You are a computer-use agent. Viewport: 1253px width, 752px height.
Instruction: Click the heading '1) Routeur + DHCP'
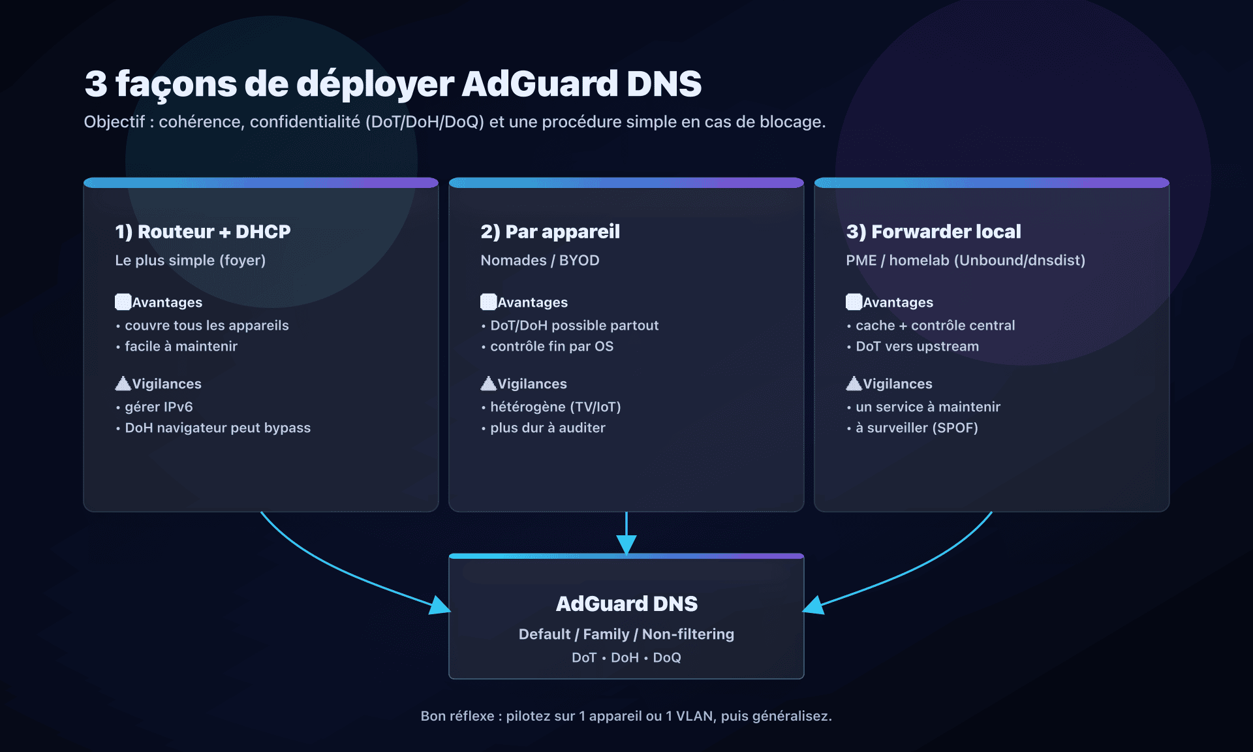click(202, 232)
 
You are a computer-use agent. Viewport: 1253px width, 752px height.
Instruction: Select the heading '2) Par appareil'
click(549, 232)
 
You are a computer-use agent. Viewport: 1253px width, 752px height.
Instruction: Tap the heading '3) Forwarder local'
click(933, 232)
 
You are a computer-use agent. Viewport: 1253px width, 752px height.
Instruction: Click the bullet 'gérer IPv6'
click(159, 407)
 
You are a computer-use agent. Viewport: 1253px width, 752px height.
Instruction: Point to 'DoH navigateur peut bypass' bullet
click(217, 428)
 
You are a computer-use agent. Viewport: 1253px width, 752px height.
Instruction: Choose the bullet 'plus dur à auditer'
click(548, 428)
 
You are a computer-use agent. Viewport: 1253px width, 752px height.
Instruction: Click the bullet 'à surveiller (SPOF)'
click(916, 428)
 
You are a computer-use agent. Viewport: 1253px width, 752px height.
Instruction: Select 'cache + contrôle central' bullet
click(935, 325)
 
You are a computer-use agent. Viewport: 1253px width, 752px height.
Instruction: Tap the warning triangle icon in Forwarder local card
click(854, 383)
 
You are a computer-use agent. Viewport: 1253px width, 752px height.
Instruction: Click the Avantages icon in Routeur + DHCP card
click(123, 302)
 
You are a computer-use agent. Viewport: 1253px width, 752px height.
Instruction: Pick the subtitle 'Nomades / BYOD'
click(540, 260)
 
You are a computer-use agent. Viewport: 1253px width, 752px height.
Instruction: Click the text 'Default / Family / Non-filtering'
click(626, 634)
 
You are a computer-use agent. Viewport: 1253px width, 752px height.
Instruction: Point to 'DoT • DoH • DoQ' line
click(626, 657)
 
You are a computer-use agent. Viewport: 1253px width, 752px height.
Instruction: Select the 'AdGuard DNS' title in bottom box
click(626, 604)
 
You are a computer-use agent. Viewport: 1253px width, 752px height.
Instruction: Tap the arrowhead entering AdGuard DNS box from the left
click(440, 605)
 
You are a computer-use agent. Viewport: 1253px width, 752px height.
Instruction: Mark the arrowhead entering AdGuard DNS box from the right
click(813, 605)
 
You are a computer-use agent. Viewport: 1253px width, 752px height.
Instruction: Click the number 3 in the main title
click(95, 84)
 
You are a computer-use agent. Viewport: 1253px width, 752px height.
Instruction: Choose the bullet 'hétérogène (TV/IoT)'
click(555, 407)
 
